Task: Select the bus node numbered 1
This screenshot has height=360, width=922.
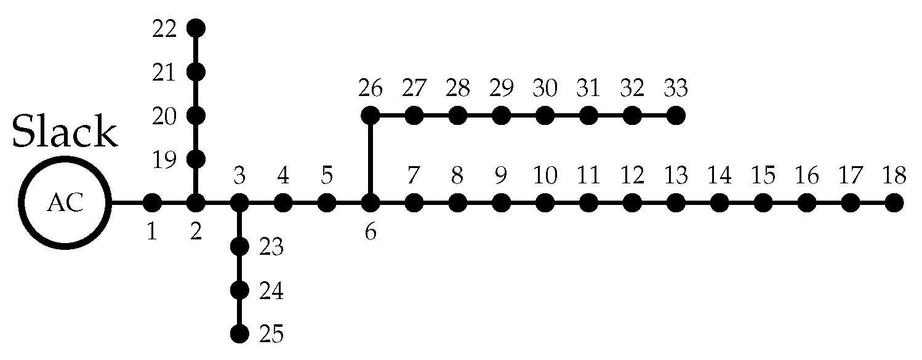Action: pyautogui.click(x=152, y=202)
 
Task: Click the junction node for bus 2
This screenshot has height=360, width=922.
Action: pyautogui.click(x=196, y=202)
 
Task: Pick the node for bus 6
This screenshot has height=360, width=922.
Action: pyautogui.click(x=370, y=202)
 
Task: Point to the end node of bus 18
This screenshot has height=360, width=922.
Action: pyautogui.click(x=894, y=202)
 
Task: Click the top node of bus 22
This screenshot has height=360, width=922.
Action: pyautogui.click(x=196, y=28)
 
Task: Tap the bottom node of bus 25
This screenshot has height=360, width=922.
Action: pyautogui.click(x=239, y=334)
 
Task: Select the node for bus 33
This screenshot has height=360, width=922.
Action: pyautogui.click(x=676, y=115)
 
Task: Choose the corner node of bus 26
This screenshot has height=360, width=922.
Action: pyautogui.click(x=370, y=115)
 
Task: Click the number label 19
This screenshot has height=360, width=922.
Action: pyautogui.click(x=164, y=159)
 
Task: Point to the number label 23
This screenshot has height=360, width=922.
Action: pyautogui.click(x=271, y=247)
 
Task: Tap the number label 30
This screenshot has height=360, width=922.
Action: pyautogui.click(x=545, y=89)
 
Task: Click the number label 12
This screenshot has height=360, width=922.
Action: pyautogui.click(x=632, y=176)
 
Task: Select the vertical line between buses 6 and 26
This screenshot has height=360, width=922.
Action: pyautogui.click(x=370, y=158)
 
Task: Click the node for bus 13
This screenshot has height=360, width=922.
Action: pyautogui.click(x=676, y=202)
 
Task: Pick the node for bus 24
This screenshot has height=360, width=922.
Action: pyautogui.click(x=239, y=290)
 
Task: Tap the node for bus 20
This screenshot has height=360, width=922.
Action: pyautogui.click(x=196, y=115)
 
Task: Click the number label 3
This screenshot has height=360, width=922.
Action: pyautogui.click(x=239, y=176)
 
